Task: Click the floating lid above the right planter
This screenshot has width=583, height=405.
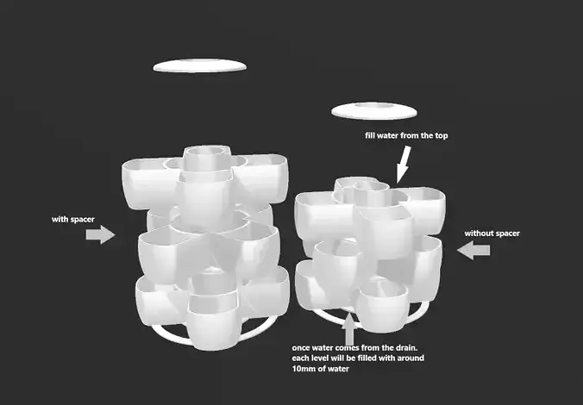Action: [373, 109]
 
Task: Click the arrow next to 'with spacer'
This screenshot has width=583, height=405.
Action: [101, 234]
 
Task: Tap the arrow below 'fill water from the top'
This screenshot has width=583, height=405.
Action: [403, 164]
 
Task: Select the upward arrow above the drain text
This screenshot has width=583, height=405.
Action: [348, 328]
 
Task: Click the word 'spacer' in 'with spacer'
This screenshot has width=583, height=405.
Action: [82, 219]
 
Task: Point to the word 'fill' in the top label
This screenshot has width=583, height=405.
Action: [372, 136]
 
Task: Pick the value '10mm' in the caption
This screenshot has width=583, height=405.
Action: [307, 368]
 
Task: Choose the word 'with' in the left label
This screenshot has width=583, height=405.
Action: [60, 219]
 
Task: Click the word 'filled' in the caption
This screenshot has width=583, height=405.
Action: [383, 357]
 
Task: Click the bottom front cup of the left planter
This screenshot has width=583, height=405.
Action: [211, 319]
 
